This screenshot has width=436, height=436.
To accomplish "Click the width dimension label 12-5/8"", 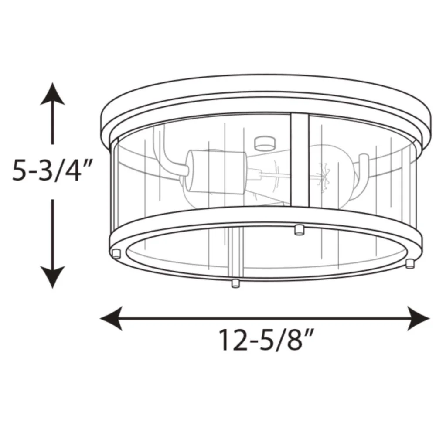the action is coord(266,340).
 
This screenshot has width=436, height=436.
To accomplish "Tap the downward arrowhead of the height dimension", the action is coord(52,277).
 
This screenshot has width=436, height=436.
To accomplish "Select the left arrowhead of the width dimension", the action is coord(111,318).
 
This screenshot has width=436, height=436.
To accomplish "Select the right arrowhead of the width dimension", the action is coord(419,318).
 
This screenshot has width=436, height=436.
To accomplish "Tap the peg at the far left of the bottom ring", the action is coord(116,254).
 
